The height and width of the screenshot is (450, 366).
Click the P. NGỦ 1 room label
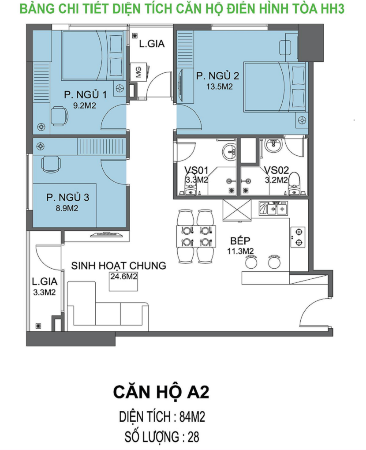tap(86, 94)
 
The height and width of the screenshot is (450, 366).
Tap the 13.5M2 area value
tap(220, 86)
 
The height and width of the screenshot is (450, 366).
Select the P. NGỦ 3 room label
tap(68, 198)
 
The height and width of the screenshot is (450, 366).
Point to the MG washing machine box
tap(138, 72)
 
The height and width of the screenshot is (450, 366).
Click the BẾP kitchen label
tap(240, 240)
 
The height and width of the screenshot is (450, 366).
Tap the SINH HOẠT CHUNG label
tap(119, 266)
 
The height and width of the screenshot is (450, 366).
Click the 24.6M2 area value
tap(124, 276)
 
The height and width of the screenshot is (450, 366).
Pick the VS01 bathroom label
tap(196, 170)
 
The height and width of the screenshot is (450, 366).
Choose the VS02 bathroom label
tap(276, 170)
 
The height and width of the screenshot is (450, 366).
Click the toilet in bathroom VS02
tap(294, 184)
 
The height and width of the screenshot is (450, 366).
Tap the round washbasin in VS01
tap(229, 151)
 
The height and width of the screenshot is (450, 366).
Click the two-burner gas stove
tap(298, 237)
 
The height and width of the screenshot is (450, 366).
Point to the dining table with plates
tap(196, 236)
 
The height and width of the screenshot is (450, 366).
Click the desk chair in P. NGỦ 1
tap(60, 116)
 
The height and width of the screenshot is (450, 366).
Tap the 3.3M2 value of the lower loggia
tap(45, 292)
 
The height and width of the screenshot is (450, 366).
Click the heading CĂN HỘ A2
tap(161, 392)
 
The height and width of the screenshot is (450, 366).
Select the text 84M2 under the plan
tap(192, 417)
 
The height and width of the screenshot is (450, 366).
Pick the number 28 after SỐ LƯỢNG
tap(193, 437)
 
